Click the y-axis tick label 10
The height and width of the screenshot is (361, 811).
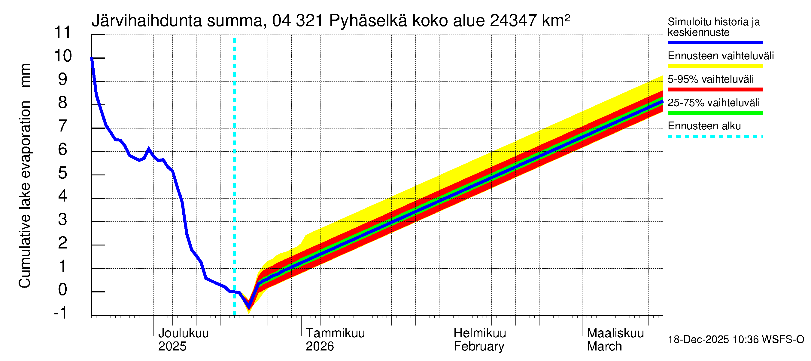pos(63,56)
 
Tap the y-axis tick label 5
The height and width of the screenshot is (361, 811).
pos(63,173)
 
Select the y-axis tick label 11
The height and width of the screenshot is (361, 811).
pos(63,32)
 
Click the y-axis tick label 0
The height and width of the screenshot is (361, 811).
pos(63,290)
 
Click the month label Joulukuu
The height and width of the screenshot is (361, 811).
pos(183,333)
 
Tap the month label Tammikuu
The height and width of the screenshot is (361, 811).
pos(335,333)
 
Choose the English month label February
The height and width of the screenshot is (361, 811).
pos(478,347)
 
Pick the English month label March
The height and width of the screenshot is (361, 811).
pos(604,347)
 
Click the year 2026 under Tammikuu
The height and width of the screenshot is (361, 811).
pos(320,347)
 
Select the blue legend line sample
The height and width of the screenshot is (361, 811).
pos(715,42)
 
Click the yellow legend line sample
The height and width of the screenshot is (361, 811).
pos(715,66)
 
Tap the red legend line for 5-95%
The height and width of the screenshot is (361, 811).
pos(715,90)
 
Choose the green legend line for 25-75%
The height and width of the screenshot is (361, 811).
pos(715,113)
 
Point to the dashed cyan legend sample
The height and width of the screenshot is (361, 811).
pos(715,137)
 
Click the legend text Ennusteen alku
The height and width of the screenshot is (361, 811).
pos(704,126)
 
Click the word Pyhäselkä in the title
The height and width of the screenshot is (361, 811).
pos(368,21)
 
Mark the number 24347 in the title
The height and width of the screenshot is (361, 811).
pos(513,21)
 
